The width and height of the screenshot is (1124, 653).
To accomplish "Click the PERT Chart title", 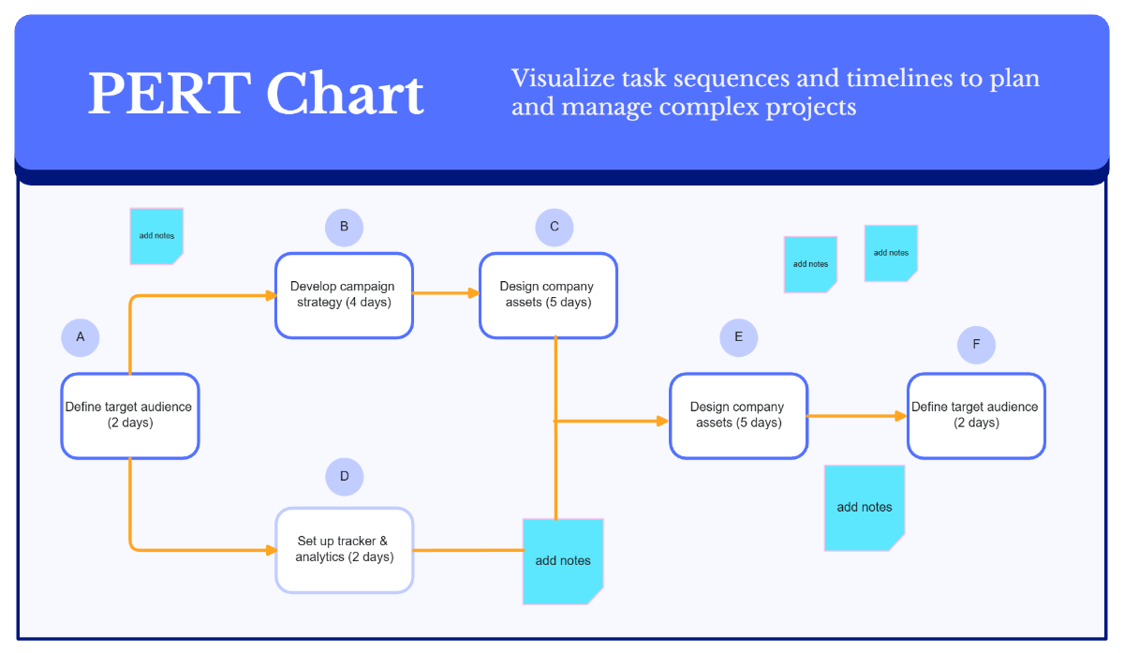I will click(256, 95).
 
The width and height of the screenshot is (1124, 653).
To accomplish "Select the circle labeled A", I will click(81, 337).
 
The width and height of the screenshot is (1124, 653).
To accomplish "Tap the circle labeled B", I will click(344, 227).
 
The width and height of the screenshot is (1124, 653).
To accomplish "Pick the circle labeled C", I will click(555, 227).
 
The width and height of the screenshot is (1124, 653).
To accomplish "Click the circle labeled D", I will click(344, 477).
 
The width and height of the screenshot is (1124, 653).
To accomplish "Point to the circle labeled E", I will click(739, 337).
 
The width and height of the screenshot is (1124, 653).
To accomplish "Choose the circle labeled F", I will click(976, 345).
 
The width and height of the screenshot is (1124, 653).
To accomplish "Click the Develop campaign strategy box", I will click(344, 295).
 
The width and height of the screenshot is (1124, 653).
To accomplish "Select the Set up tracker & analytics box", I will click(344, 550).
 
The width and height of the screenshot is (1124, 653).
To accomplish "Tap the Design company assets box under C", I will click(548, 295).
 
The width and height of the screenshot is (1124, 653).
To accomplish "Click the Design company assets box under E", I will click(738, 415).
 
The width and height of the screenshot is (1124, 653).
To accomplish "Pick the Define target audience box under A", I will click(129, 415).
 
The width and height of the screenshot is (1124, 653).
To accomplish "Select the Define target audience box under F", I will click(976, 415).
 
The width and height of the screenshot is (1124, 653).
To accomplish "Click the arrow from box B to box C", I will click(446, 293).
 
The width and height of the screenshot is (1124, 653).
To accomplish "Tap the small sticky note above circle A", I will click(156, 235).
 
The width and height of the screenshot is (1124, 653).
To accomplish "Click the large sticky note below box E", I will click(865, 507).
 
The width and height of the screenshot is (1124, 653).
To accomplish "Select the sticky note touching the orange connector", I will click(563, 560).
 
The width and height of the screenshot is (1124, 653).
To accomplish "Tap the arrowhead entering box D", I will click(271, 550).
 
